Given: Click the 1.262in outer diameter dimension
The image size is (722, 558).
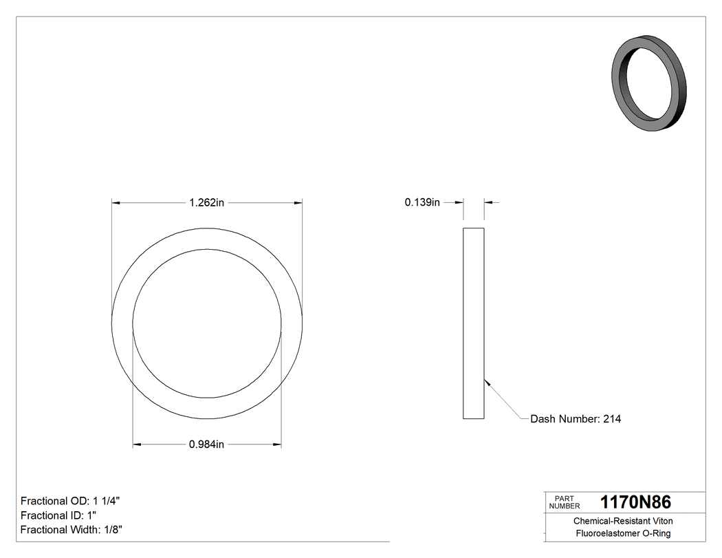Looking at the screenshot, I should pos(207,203).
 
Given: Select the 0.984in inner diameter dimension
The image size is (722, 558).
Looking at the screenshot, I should pos(207,445).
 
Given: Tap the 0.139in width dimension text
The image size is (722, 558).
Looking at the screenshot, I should pos(422,202).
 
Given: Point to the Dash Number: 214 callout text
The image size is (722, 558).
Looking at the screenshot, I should pos(576,418).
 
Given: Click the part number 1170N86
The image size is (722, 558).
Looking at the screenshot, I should pos(635,502).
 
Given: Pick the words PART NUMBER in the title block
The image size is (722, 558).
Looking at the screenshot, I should pos(565,502).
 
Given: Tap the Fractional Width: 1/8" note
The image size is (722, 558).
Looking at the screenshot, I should pos(72,530).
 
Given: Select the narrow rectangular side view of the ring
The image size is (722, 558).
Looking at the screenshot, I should pos(474,323).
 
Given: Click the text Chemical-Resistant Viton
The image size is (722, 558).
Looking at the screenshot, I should pos(623,522).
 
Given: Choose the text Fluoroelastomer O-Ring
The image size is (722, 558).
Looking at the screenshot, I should pos(623,534).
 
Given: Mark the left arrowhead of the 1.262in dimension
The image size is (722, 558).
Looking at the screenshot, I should pos(116,203).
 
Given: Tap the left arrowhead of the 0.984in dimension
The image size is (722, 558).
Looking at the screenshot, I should pos(137,445).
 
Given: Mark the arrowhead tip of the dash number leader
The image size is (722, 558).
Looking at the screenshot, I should pos(485,380).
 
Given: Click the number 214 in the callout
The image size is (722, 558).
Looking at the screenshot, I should pos(612,418).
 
